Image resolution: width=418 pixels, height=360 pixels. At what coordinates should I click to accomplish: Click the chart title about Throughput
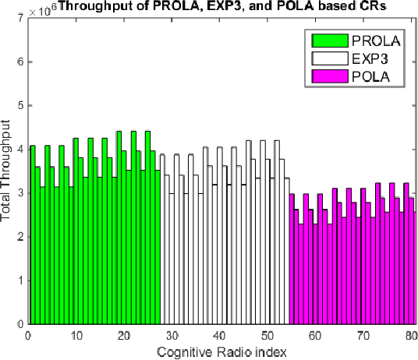coord(221,7)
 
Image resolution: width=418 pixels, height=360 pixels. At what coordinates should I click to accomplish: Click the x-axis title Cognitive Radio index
coord(221,351)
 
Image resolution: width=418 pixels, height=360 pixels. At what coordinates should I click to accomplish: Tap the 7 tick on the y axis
coord(17,18)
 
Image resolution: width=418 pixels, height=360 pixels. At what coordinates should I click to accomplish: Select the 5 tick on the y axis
coord(17,105)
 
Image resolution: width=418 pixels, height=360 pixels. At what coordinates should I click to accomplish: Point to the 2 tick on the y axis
coord(17,236)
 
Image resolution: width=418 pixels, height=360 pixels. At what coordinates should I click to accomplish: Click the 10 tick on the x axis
coord(75,335)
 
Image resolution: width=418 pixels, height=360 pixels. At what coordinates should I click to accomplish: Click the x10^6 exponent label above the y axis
coord(40,7)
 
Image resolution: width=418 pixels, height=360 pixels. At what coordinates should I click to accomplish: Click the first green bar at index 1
coord(32,234)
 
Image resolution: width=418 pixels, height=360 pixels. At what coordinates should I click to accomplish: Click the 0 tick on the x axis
coord(27,335)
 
